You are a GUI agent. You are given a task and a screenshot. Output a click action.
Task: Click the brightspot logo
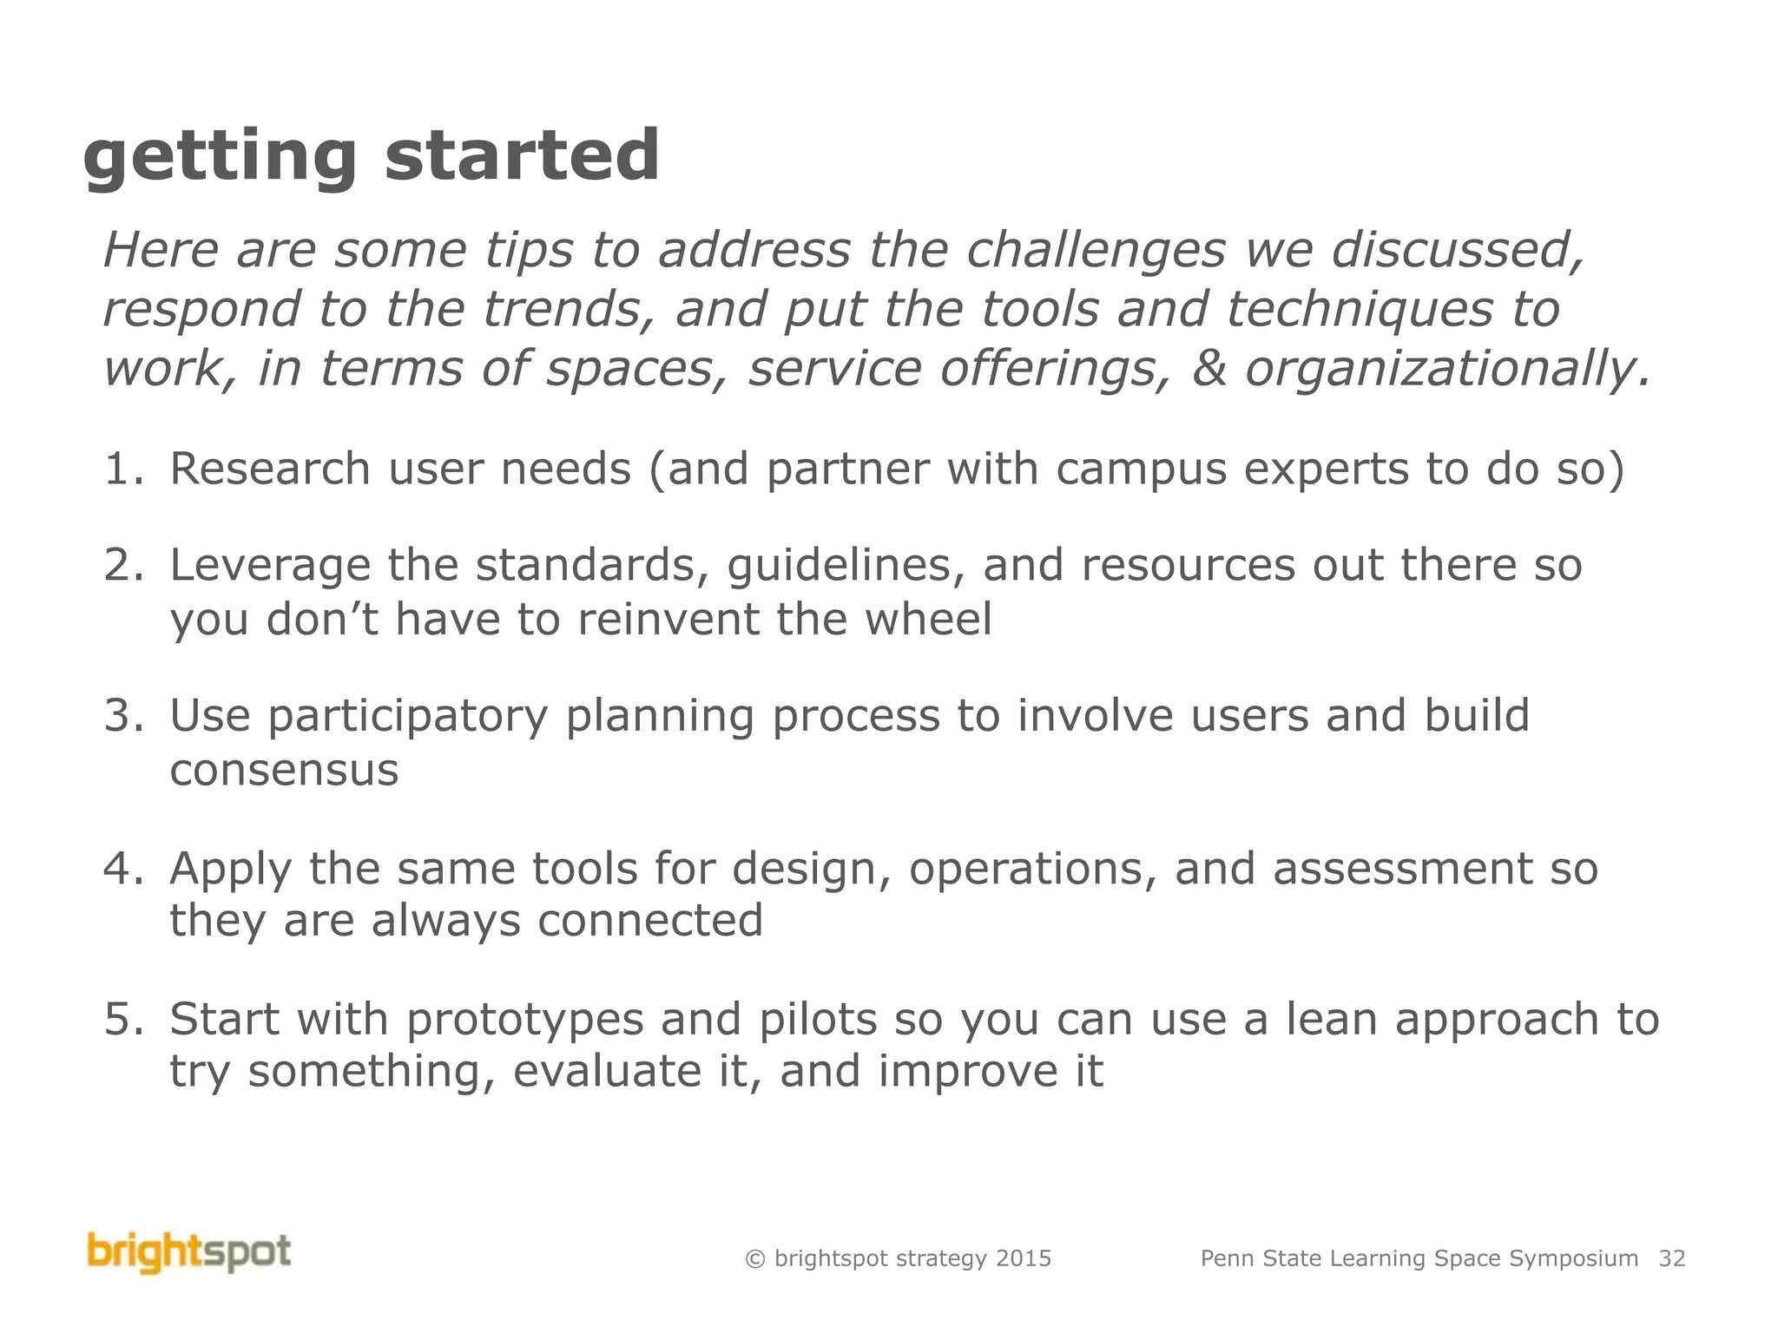189,1253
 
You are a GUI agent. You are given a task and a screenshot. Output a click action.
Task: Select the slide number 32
1671,1258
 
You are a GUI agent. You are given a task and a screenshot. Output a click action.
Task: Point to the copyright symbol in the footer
754,1259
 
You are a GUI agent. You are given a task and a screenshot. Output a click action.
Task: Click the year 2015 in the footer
1024,1258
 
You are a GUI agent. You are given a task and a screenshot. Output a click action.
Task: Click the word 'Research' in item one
270,470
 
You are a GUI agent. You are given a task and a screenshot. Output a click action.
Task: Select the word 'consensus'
284,771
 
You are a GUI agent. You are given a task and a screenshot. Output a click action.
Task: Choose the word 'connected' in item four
650,921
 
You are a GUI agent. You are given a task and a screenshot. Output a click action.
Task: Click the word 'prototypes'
525,1021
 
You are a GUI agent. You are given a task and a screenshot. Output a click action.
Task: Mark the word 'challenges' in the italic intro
1096,252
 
